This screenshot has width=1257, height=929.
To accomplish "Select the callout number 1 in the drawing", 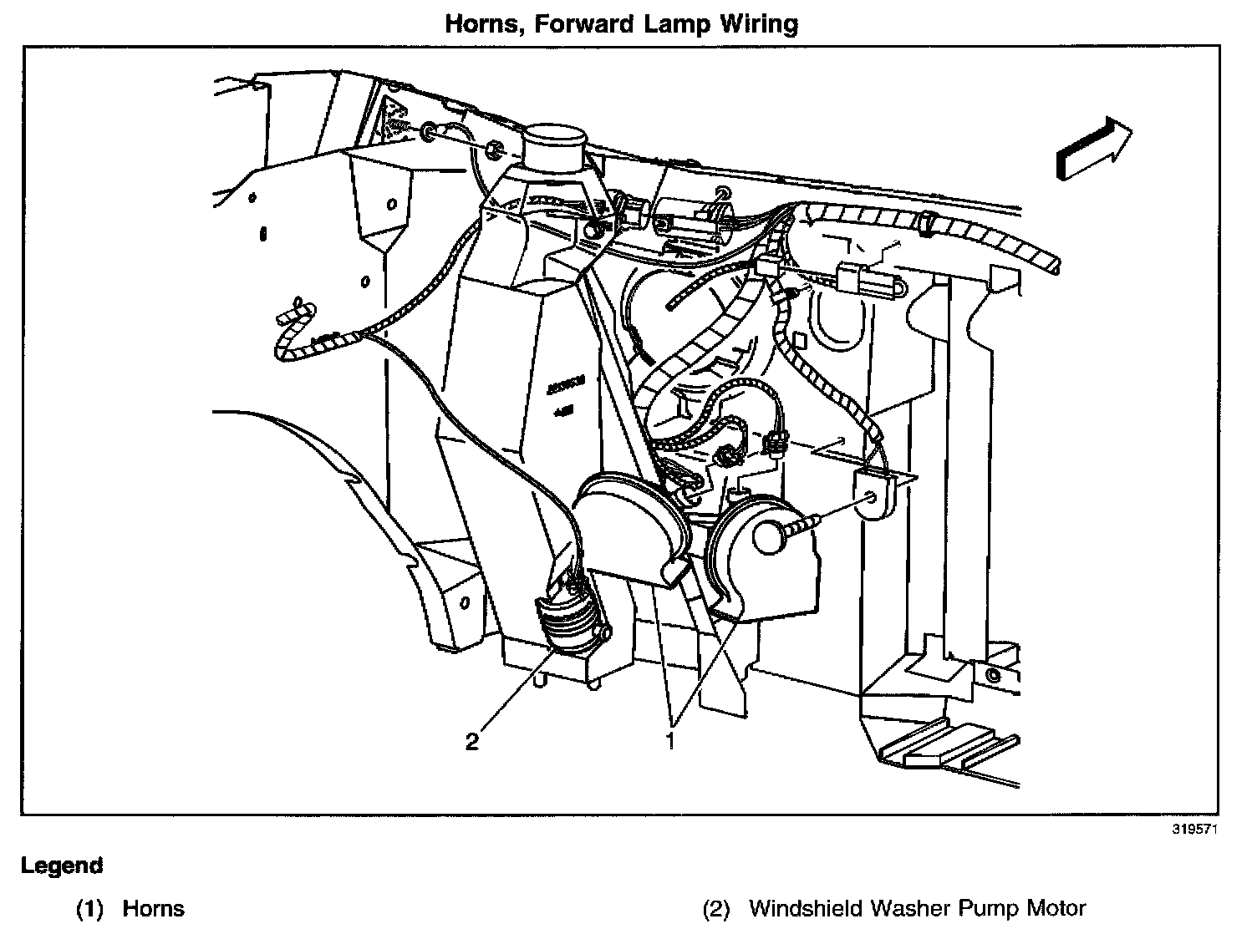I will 670,740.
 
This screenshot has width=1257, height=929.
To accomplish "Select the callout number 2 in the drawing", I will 472,741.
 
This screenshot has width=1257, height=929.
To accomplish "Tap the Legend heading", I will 62,866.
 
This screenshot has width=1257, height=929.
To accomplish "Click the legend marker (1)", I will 89,908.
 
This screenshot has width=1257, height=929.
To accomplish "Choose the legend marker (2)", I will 716,908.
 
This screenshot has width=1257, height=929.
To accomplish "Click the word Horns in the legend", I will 153,908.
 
